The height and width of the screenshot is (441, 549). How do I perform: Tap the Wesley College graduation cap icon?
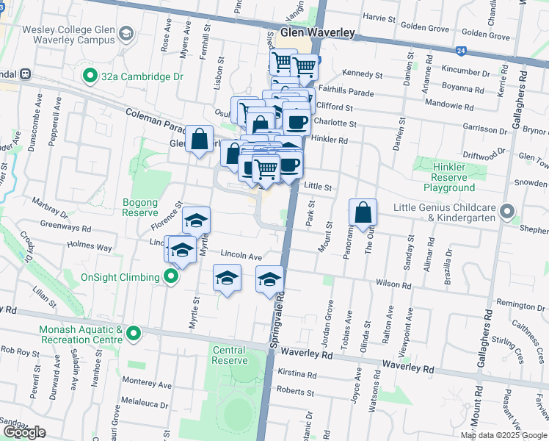click(x=126, y=34)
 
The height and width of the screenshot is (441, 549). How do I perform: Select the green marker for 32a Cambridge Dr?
click(x=90, y=76)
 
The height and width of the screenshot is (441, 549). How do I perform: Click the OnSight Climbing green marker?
click(x=171, y=277)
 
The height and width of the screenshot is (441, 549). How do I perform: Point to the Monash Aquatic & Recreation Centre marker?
click(x=133, y=334)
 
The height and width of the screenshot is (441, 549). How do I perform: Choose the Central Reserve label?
click(x=228, y=356)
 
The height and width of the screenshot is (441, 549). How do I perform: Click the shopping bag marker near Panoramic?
click(x=363, y=213)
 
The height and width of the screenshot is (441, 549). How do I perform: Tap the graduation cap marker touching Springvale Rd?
click(x=269, y=279)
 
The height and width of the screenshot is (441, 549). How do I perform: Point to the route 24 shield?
click(x=460, y=51)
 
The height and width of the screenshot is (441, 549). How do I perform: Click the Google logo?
click(x=24, y=432)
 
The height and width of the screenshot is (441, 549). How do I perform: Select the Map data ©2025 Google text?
click(x=503, y=435)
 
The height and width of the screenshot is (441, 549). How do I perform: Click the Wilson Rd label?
click(x=393, y=284)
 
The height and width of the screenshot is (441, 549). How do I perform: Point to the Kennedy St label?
click(x=363, y=75)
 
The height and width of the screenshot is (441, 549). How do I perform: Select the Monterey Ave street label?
click(x=151, y=384)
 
